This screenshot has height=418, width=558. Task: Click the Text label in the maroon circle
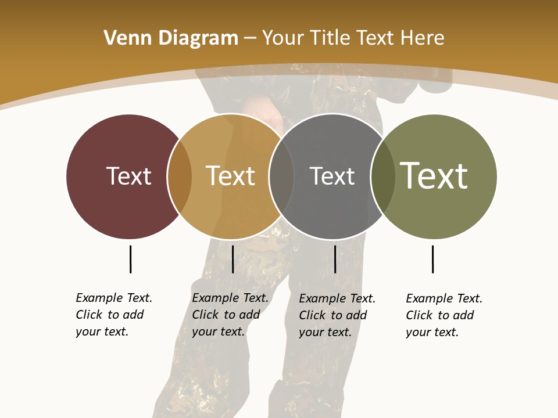[128, 176]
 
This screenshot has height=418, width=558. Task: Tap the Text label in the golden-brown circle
[230, 176]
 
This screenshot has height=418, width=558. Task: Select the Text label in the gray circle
[332, 176]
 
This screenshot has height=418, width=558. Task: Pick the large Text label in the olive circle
[434, 176]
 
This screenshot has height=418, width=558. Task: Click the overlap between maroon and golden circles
[180, 176]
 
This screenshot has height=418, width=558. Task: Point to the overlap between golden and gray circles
[281, 176]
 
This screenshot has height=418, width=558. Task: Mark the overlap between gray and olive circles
[382, 176]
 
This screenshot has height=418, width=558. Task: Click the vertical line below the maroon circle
[130, 259]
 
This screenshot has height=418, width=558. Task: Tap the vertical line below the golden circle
[233, 259]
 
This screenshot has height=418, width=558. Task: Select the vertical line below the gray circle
[335, 259]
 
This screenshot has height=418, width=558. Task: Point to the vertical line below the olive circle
[432, 259]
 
